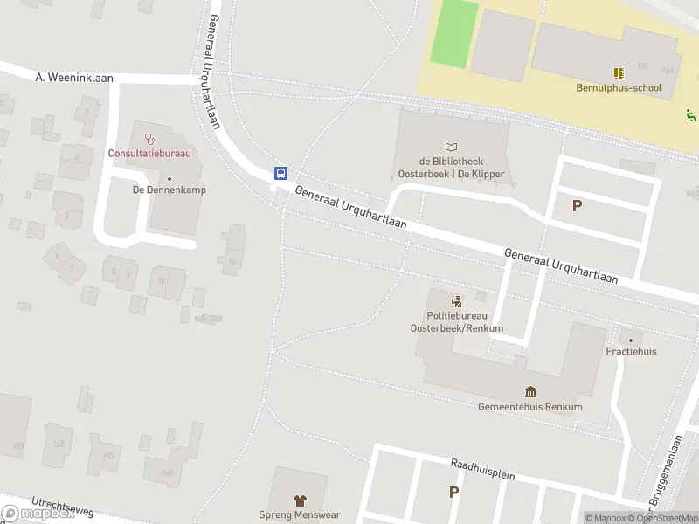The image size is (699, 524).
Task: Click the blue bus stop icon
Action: pos(280,172)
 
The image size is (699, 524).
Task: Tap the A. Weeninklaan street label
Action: pos(75,78)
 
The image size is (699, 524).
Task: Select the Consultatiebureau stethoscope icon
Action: pos(149,138)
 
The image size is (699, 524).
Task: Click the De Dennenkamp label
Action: pos(163,190)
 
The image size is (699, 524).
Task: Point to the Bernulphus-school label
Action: pos(619,87)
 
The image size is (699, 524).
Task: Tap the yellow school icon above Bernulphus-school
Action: pos(619,74)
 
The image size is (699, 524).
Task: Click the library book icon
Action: pos(451,147)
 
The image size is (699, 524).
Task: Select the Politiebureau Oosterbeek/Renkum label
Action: pos(456,322)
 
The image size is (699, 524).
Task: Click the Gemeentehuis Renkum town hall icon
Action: pos(529,391)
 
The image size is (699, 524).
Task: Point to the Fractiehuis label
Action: pos(631,351)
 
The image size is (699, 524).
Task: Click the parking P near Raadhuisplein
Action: pos(453,492)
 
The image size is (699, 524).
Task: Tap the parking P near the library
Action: pos(577,206)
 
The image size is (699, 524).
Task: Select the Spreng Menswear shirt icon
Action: pos(299,500)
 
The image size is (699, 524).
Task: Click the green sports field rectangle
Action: pos(454,33)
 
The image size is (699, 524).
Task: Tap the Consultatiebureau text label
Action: pos(149,153)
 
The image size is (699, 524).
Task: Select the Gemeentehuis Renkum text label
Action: pos(529,407)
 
